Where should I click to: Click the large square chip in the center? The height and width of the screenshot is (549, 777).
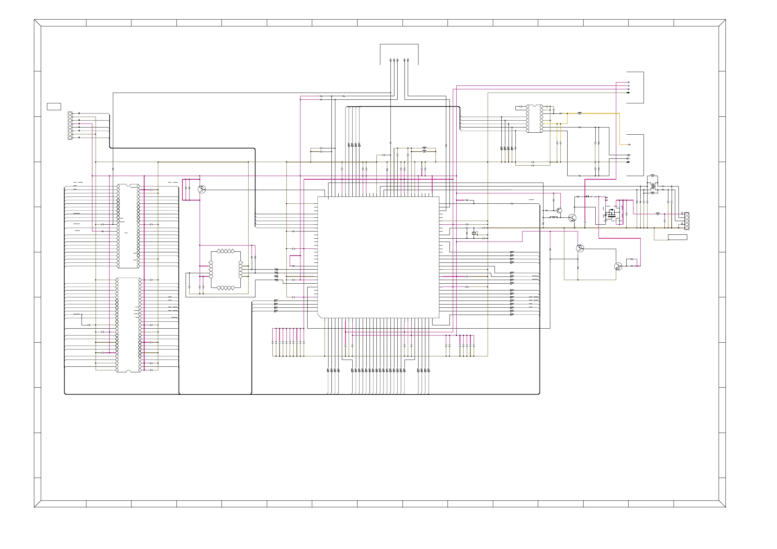pyautogui.click(x=378, y=258)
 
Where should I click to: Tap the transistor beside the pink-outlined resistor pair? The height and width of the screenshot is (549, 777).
pyautogui.click(x=202, y=189)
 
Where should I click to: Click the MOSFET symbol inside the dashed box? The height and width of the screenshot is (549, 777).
pyautogui.click(x=612, y=214)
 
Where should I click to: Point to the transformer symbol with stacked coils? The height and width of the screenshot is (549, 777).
pyautogui.click(x=653, y=186)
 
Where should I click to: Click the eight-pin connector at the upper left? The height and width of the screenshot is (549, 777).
pyautogui.click(x=70, y=126)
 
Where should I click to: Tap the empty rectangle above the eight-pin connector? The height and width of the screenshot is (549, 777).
pyautogui.click(x=54, y=107)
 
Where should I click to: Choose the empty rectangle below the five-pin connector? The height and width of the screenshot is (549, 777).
pyautogui.click(x=678, y=237)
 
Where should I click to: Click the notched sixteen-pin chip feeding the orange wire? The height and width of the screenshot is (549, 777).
pyautogui.click(x=534, y=118)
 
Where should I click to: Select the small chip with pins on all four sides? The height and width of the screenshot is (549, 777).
pyautogui.click(x=226, y=270)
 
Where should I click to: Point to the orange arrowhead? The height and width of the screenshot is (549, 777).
pyautogui.click(x=629, y=145)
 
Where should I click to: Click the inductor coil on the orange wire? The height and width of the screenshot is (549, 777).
pyautogui.click(x=579, y=113)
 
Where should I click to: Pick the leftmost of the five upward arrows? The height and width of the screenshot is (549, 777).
pyautogui.click(x=390, y=60)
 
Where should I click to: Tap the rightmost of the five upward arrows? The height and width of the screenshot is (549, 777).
pyautogui.click(x=408, y=60)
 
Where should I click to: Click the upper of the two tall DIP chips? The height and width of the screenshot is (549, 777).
pyautogui.click(x=128, y=226)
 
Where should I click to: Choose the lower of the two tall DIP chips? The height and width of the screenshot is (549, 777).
pyautogui.click(x=128, y=325)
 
